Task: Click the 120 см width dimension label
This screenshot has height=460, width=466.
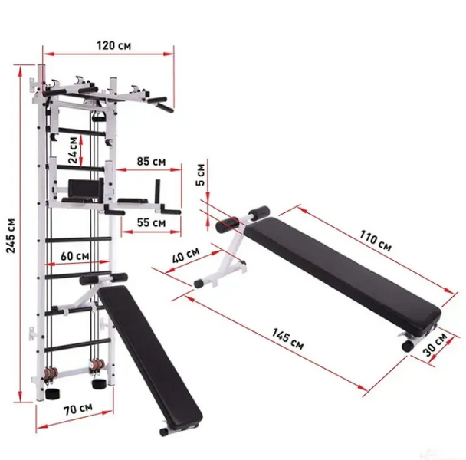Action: [113, 46]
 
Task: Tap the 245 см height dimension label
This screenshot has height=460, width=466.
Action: [11, 236]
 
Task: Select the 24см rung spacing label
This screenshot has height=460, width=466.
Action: [73, 150]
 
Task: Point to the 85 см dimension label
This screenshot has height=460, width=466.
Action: [151, 162]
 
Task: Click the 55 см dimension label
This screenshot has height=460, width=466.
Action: [151, 222]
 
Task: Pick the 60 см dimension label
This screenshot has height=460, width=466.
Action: [74, 256]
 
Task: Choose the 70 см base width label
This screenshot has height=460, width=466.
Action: [78, 409]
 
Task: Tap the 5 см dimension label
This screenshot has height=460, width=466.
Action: [201, 175]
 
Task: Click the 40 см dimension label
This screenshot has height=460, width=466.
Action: [185, 255]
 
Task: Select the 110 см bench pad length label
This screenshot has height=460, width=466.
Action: [376, 241]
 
